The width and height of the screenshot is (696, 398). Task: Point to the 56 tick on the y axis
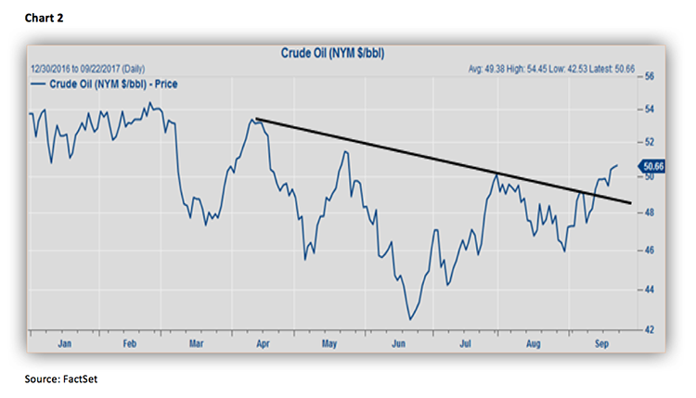point(650,76)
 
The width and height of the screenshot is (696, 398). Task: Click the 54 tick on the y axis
point(650,109)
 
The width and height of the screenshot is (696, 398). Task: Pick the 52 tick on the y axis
point(650,142)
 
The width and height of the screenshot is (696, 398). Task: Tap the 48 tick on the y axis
point(650,212)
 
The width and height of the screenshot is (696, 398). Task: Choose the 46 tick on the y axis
point(650,250)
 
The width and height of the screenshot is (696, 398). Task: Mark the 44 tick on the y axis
point(650,289)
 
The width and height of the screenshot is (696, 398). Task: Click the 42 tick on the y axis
point(650,329)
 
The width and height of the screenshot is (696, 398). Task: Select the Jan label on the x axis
point(64,343)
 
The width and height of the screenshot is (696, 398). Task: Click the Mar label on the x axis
point(197,343)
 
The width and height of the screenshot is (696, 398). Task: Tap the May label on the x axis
point(328,343)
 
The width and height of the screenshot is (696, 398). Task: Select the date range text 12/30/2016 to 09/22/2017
point(89,69)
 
